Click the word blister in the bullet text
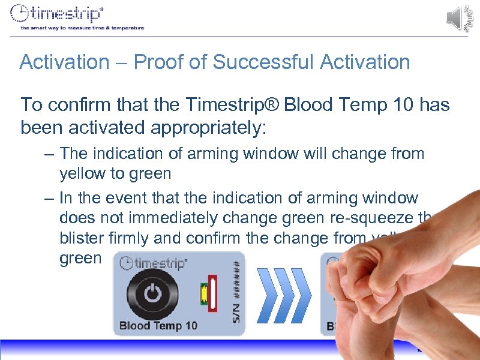tap(82, 238)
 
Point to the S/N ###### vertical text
tap(238, 288)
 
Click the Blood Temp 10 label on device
tap(158, 326)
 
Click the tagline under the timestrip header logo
tap(82, 28)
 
